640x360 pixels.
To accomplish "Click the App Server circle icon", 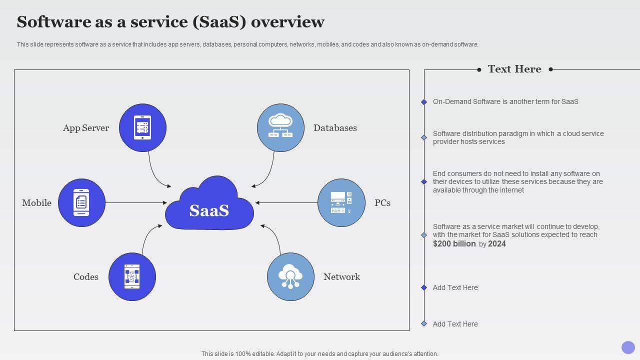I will (143, 127).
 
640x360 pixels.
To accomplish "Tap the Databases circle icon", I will (280, 127).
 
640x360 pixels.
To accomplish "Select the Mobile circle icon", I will (81, 202).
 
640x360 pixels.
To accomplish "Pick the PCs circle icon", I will (341, 202).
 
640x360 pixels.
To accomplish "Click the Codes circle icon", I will (132, 276).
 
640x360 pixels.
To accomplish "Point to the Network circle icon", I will (290, 276).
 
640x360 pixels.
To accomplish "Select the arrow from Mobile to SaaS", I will (135, 203).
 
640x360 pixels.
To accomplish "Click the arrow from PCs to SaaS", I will (286, 203).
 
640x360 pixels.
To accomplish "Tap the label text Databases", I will (335, 128).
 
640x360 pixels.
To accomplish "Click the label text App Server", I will (86, 128).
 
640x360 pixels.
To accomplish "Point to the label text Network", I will (341, 277).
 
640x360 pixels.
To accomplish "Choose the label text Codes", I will (86, 277).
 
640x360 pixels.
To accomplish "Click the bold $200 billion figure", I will (454, 244).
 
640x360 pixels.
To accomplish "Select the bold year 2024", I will (497, 244).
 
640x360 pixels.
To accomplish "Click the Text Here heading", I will (514, 69).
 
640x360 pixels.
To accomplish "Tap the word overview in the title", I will (287, 22).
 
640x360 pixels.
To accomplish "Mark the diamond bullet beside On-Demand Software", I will (424, 102).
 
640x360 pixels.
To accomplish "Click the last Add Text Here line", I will (455, 324).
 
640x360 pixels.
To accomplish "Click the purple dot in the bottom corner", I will (628, 347).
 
